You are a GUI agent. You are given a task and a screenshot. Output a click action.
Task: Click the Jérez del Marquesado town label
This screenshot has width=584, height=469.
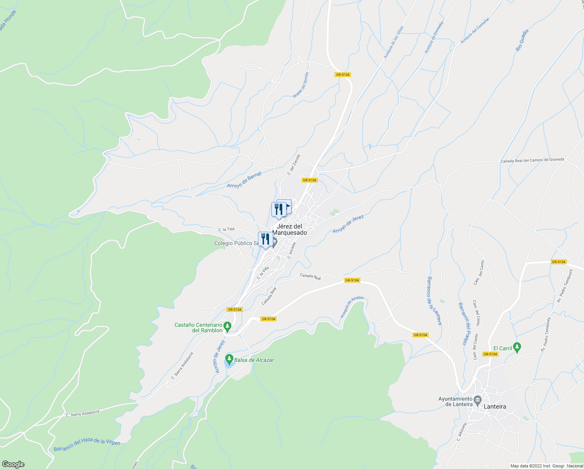pos(289,229)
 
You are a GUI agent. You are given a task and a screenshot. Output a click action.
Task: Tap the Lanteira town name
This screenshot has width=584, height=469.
pos(495,406)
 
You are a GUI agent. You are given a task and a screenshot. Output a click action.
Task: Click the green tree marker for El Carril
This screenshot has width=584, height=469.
pos(517,347)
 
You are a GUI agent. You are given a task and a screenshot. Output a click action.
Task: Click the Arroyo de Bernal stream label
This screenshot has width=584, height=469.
pos(244,180)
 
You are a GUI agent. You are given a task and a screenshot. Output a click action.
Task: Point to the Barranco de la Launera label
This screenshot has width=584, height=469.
pos(434,301)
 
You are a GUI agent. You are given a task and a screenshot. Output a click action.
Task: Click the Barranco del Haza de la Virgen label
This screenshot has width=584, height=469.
pos(87,444)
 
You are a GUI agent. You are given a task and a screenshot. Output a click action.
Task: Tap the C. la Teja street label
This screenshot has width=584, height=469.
pos(226,229)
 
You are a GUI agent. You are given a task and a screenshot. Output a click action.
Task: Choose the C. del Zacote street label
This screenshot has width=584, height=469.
pos(294,164)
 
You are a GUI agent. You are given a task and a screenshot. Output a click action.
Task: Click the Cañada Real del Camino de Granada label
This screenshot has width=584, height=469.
pos(532,160)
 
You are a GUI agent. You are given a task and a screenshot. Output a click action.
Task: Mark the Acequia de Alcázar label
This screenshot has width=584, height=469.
pos(352,307)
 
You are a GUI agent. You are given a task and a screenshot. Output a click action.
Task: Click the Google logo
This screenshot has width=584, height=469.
pos(13,464)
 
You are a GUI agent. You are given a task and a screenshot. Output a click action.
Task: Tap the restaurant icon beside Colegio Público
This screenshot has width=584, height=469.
pos(265,239)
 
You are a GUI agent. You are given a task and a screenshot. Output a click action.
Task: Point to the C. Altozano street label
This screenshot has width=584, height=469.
pos(461,432)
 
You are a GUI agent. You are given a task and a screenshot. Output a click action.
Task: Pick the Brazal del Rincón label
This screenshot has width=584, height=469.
pos(301,85)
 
